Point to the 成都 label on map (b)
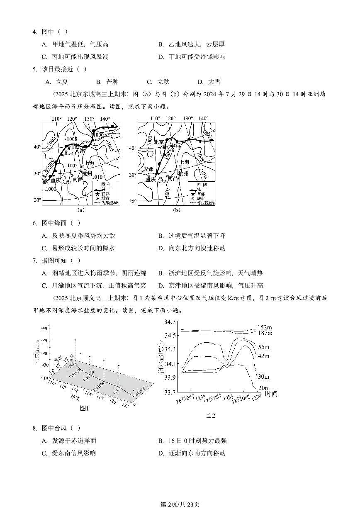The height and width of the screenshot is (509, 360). tap(148, 169)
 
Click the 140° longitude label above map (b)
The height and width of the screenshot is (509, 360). tap(203, 119)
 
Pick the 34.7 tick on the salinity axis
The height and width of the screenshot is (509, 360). tap(170, 321)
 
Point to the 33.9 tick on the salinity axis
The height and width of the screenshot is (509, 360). tap(170, 377)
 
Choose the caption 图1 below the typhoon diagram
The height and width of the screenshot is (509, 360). tap(84, 409)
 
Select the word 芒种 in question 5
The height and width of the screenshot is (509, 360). tap(112, 82)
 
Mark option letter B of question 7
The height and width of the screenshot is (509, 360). tap(161, 273)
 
